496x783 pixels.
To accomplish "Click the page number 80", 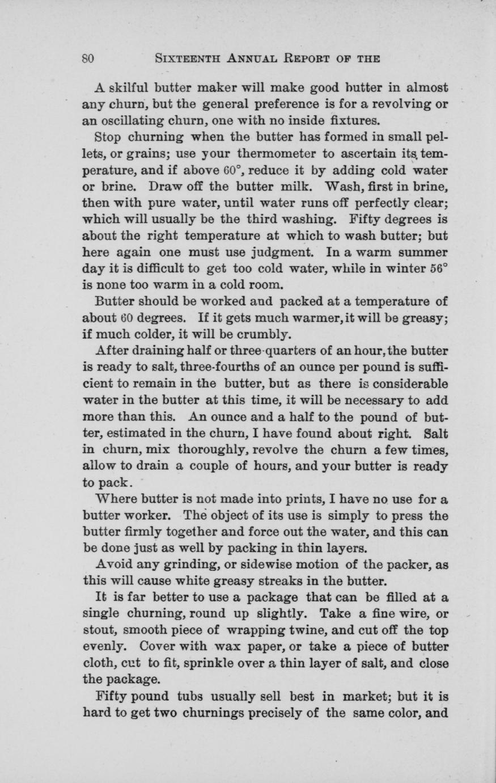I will [x=88, y=58].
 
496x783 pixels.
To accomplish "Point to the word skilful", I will [x=129, y=88].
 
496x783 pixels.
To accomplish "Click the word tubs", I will [x=190, y=696].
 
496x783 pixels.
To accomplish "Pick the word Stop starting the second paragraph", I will [x=108, y=137].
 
